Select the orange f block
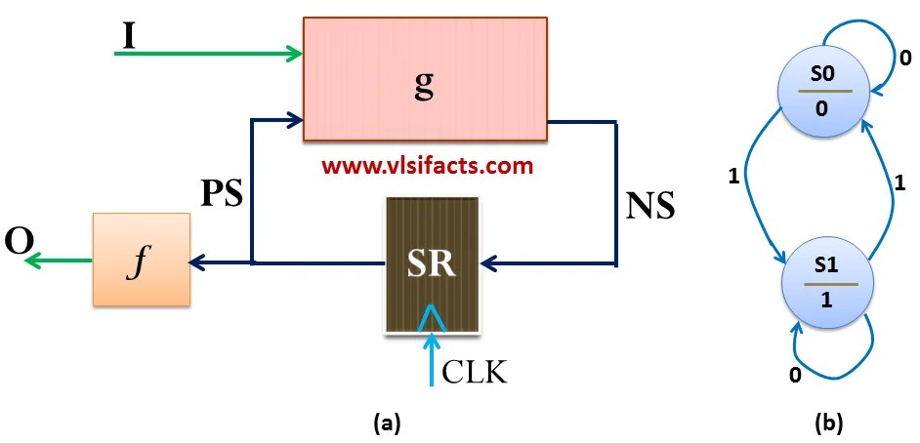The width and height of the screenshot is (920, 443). click(x=142, y=260)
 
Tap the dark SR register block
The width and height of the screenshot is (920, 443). click(x=432, y=264)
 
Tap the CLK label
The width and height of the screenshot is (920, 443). click(x=476, y=372)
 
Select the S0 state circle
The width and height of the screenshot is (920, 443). click(x=821, y=91)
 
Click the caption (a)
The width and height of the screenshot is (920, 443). click(x=387, y=423)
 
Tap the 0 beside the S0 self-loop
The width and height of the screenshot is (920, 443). click(x=905, y=59)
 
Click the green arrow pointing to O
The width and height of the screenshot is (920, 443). click(x=59, y=261)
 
